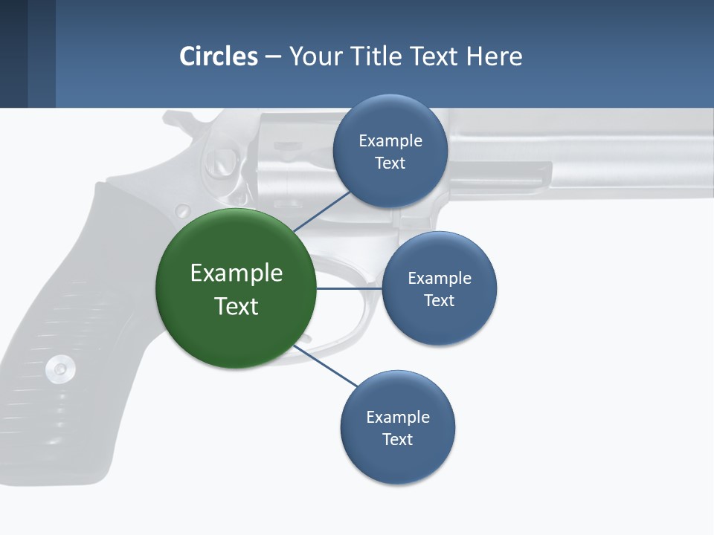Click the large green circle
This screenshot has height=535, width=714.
(236, 288)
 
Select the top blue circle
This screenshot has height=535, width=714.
(390, 151)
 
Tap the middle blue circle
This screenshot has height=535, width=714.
(439, 288)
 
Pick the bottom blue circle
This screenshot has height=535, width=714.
(397, 427)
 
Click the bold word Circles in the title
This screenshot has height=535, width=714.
(219, 56)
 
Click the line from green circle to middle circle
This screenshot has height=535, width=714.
(349, 288)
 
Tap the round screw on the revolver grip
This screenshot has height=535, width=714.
(59, 367)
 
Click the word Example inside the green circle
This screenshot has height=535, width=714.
(236, 273)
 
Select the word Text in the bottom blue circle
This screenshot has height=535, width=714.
(397, 440)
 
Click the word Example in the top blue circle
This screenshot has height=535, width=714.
(390, 140)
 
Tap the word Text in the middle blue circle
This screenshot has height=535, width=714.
(439, 301)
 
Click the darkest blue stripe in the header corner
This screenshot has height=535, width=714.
(13, 53)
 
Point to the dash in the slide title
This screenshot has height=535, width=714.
(273, 56)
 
